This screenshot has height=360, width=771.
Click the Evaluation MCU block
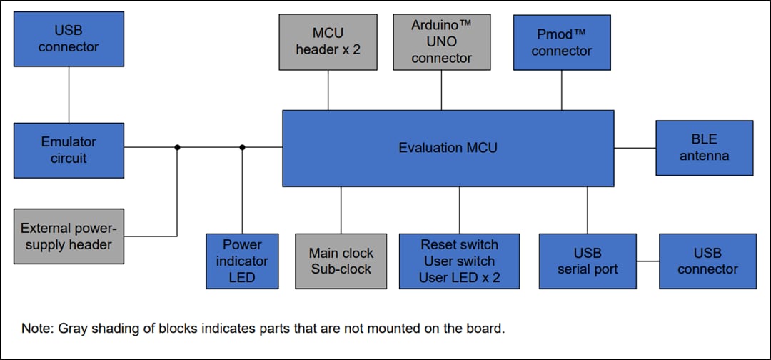[x=448, y=148]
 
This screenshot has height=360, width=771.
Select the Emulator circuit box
[x=69, y=150]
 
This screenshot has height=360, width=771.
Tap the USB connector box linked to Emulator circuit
[x=69, y=39]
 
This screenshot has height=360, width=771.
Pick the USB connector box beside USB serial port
[x=707, y=261]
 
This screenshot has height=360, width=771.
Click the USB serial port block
[x=587, y=261]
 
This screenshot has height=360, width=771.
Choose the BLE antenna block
[x=704, y=148]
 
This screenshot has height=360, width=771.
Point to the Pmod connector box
[x=561, y=43]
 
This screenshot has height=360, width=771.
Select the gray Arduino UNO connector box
[x=441, y=42]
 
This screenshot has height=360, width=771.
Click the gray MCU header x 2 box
[x=328, y=42]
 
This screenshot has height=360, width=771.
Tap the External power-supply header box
[x=69, y=236]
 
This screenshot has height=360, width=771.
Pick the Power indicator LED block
[x=242, y=261]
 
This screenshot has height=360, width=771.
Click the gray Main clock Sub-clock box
[x=341, y=261]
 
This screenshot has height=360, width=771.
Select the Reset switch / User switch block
[x=459, y=261]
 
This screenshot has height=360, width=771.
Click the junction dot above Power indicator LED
[x=242, y=148]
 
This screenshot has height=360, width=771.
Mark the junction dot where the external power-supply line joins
[x=177, y=148]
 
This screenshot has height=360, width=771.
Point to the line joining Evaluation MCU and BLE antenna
[x=635, y=148]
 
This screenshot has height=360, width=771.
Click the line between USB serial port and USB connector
[x=647, y=261]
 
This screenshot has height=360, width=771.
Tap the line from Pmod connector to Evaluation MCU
[x=561, y=90]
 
